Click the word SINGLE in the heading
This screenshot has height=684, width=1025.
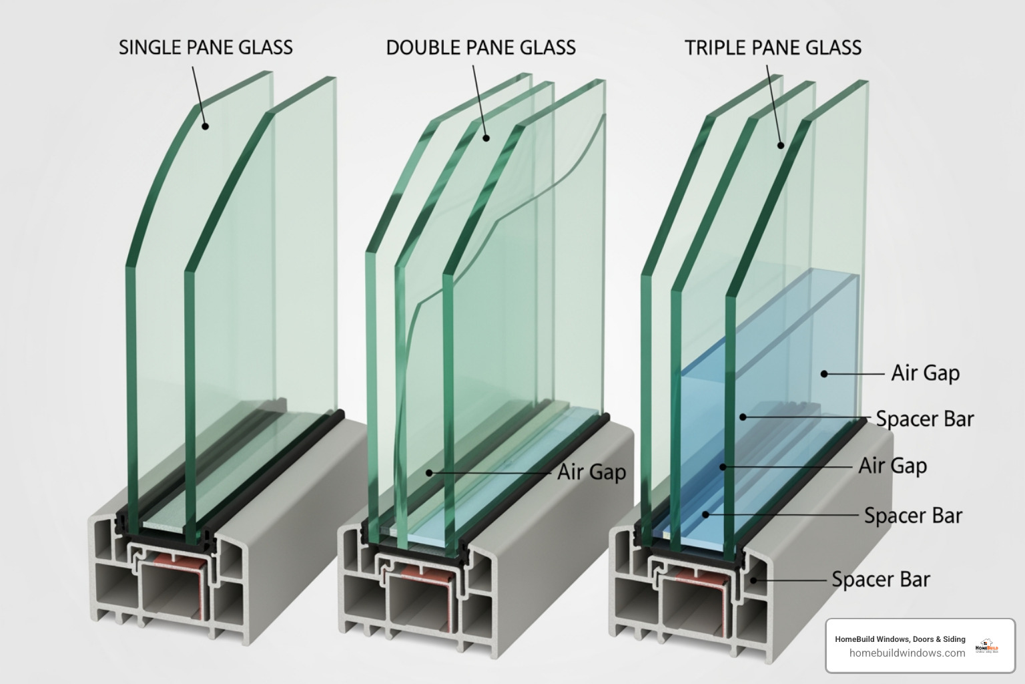click(149, 47)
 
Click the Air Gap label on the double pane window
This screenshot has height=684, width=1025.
click(591, 472)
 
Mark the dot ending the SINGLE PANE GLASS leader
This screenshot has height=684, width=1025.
click(206, 126)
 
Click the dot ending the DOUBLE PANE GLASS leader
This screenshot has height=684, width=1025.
click(486, 138)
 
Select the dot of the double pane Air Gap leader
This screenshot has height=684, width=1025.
click(430, 472)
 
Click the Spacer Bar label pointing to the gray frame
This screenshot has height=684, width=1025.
click(880, 579)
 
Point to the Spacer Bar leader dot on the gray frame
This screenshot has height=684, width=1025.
click(754, 580)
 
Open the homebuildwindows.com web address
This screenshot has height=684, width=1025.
click(907, 653)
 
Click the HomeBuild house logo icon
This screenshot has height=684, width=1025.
click(987, 646)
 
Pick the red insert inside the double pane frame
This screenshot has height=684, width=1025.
click(424, 574)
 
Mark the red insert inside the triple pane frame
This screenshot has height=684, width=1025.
click(694, 578)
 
